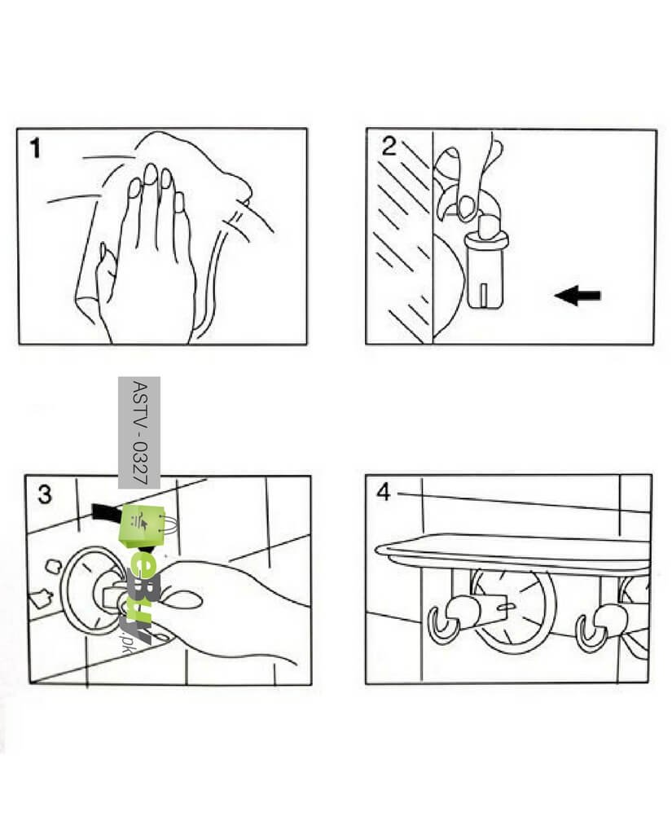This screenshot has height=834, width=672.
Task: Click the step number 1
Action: tap(35, 148)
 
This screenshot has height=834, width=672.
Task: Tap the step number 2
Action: tap(389, 147)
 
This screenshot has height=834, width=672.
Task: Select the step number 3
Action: tap(45, 494)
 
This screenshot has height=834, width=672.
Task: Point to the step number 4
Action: tap(384, 492)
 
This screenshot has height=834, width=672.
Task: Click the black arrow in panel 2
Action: tap(578, 295)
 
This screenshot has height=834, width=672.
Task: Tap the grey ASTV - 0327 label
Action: tap(138, 432)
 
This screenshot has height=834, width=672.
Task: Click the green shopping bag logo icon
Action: tap(143, 526)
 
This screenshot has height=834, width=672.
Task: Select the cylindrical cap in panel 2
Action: tap(484, 270)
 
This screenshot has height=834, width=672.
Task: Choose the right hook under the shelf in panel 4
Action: tap(594, 628)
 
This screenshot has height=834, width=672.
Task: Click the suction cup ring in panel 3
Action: tap(64, 590)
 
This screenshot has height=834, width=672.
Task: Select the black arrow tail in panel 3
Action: tap(103, 513)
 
